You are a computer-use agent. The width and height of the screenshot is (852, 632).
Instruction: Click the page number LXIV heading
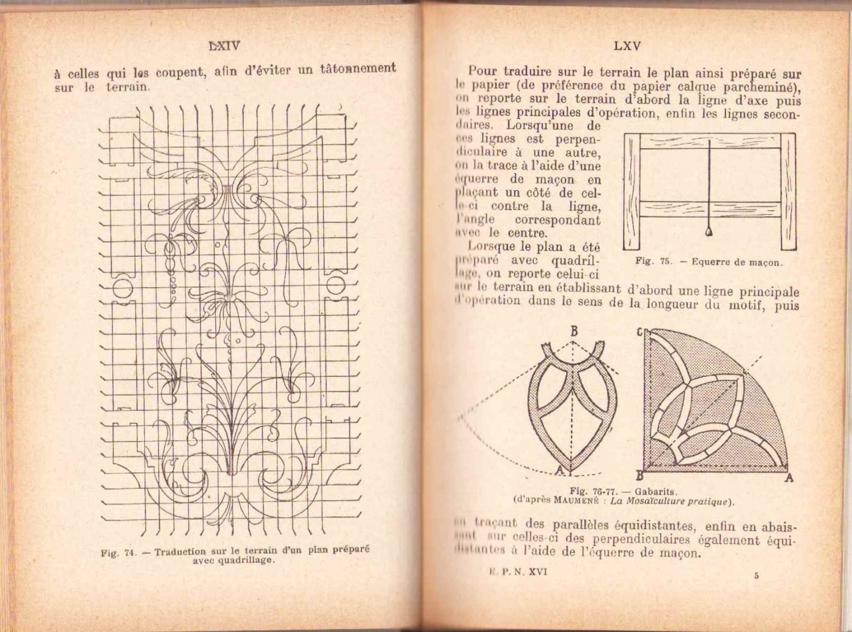coord(224,46)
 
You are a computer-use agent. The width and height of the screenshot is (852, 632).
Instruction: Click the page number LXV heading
coord(627,46)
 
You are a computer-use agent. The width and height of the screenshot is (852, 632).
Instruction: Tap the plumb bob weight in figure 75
coord(709,230)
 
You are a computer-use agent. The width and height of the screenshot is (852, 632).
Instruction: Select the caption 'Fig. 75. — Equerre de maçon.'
coord(708,262)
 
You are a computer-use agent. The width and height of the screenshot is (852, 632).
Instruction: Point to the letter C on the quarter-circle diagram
coord(639,332)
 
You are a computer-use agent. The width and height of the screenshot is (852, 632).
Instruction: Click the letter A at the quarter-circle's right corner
coord(788,478)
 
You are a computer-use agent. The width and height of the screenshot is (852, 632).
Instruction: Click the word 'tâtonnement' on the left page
coord(358,69)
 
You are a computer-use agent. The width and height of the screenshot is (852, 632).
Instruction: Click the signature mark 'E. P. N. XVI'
coord(517,572)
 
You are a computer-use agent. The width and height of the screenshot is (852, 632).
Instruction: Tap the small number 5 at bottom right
coord(756,576)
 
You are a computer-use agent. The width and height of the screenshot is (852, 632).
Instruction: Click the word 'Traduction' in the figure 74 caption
coord(179,551)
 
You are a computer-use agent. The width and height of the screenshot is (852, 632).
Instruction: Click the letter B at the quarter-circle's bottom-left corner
coord(638,476)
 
